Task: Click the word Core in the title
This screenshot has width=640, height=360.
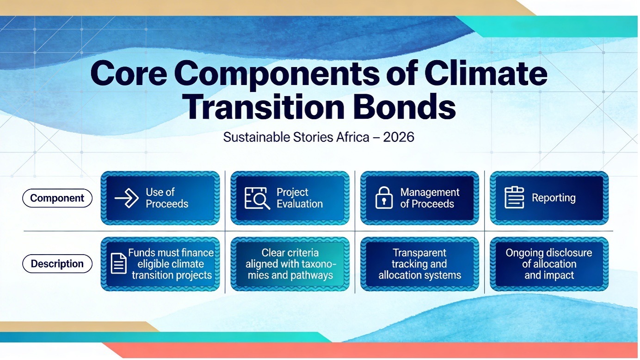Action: tap(129, 73)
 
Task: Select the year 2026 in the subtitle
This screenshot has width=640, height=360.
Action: tap(399, 137)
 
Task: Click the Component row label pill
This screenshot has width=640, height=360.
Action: tap(57, 198)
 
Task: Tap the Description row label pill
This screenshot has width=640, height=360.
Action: tap(57, 263)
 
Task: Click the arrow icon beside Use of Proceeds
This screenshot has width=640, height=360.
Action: tap(127, 198)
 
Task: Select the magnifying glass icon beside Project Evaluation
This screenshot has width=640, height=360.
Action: tap(257, 198)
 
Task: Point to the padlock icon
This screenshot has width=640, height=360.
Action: tap(384, 197)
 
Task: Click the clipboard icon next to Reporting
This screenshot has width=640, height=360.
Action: tap(514, 197)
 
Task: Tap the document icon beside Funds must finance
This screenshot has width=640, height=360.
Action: tap(118, 263)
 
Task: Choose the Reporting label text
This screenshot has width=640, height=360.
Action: tap(554, 198)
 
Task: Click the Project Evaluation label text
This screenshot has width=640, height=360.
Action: tap(300, 198)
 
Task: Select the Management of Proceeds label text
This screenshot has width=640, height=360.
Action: tap(430, 198)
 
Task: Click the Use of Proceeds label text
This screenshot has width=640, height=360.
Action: tap(167, 198)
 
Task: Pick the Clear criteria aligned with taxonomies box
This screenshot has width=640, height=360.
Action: tap(290, 264)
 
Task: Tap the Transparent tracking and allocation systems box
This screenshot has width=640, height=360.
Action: tap(420, 264)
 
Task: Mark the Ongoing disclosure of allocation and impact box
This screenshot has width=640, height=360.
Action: tap(549, 264)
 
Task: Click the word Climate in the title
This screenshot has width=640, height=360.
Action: tap(486, 73)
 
